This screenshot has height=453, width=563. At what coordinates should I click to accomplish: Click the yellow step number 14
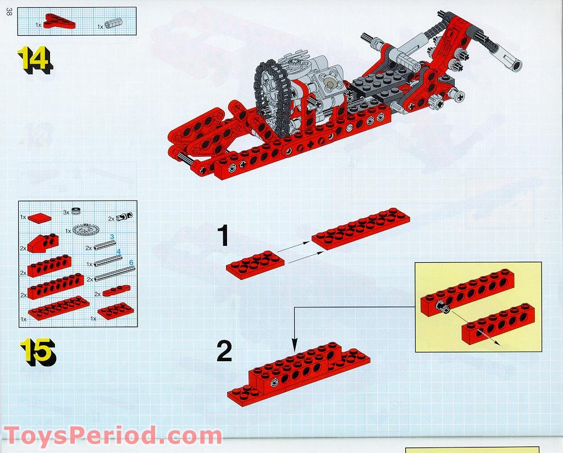(x=35, y=59)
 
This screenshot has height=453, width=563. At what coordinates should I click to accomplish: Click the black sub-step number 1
(x=222, y=237)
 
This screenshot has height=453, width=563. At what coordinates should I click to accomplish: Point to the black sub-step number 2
(x=224, y=352)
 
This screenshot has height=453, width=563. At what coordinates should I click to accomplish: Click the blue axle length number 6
(x=131, y=263)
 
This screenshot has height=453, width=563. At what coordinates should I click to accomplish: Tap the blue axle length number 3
(x=112, y=237)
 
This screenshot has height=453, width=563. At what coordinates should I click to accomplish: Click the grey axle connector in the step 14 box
(x=114, y=24)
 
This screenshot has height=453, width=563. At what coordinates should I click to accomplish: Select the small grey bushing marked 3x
(x=76, y=211)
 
